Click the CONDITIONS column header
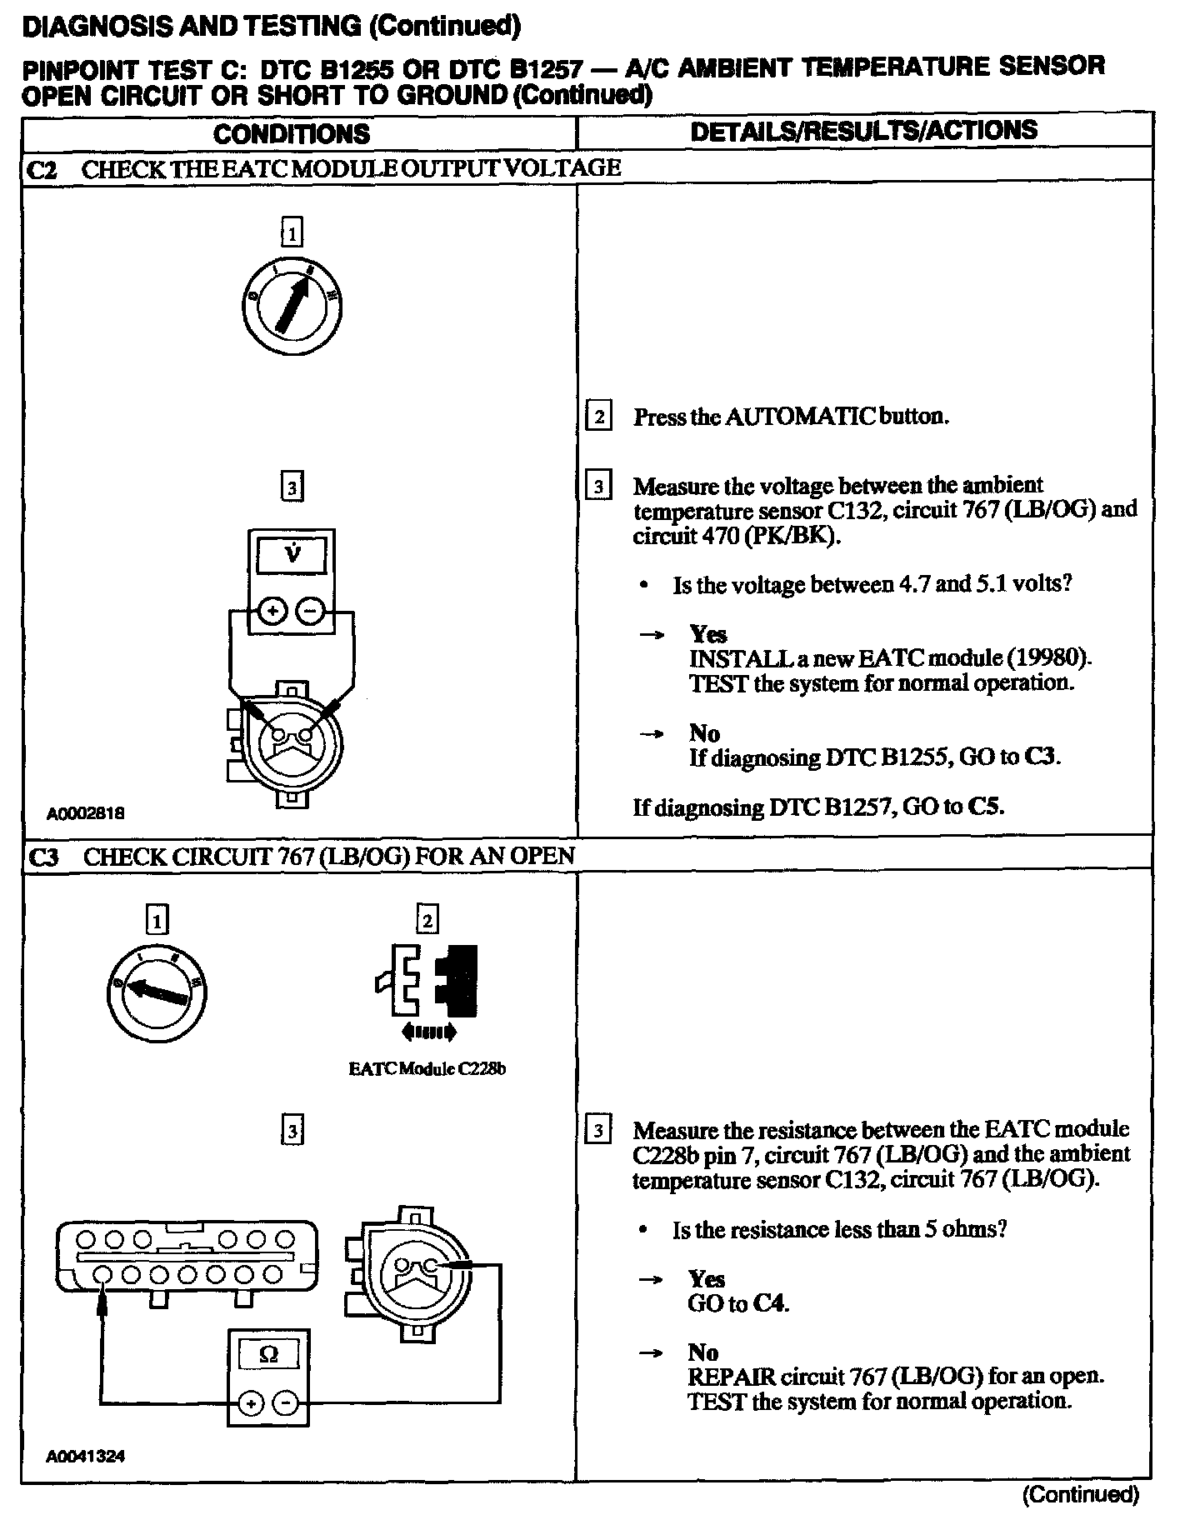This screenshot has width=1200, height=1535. pos(291,133)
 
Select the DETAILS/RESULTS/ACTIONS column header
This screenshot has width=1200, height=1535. pos(864,130)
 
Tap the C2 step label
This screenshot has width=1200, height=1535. pos(42,169)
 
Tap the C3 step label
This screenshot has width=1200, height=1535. pos(44,857)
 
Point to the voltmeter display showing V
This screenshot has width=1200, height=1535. pos(292,554)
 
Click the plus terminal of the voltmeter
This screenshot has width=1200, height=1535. pos(272,611)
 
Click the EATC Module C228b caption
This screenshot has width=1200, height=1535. pos(427,1069)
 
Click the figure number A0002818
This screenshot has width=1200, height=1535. pos(86,813)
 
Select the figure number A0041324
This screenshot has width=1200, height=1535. pos(86,1457)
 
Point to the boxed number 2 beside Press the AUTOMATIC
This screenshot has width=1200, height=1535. pos(598,415)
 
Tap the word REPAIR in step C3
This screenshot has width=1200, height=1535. pos(726,1376)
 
